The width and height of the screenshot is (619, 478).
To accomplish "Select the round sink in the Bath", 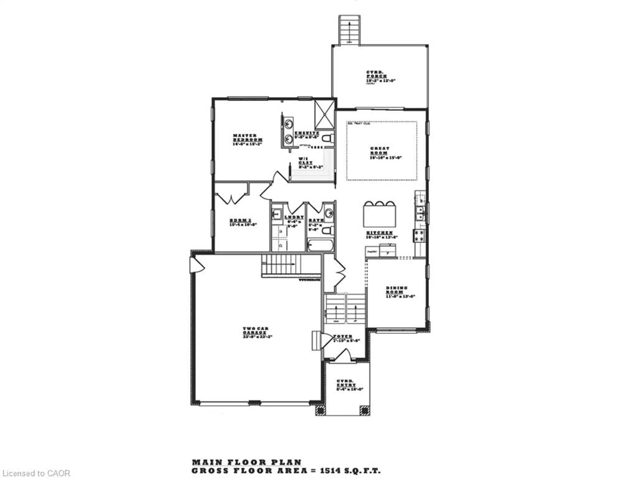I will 329,213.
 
